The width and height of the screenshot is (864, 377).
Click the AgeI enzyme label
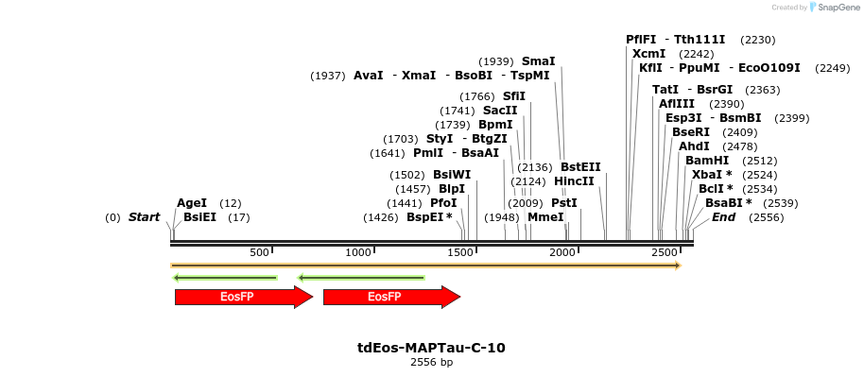pyautogui.click(x=192, y=203)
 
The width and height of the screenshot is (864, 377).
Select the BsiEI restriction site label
pyautogui.click(x=199, y=217)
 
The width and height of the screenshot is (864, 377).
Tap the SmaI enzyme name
pyautogui.click(x=539, y=61)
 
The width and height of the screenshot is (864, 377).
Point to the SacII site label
pyautogui.click(x=500, y=111)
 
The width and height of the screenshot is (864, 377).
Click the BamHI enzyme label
pyautogui.click(x=707, y=161)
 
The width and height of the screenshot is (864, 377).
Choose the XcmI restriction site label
pyautogui.click(x=648, y=54)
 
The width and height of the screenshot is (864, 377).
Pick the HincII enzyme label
pyautogui.click(x=574, y=181)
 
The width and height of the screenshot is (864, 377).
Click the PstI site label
pyautogui.click(x=563, y=203)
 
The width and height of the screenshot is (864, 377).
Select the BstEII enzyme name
pyautogui.click(x=580, y=167)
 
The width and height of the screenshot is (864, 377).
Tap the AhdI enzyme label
pyautogui.click(x=694, y=146)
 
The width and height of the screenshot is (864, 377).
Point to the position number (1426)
pyautogui.click(x=380, y=217)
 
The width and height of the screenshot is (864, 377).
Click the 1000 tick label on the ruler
pyautogui.click(x=358, y=252)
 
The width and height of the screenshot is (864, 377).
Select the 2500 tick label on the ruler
pyautogui.click(x=665, y=252)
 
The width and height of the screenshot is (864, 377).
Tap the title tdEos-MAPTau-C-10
pyautogui.click(x=431, y=348)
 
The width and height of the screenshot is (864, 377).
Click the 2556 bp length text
pyautogui.click(x=431, y=362)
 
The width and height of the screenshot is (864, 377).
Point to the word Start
pyautogui.click(x=144, y=217)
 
